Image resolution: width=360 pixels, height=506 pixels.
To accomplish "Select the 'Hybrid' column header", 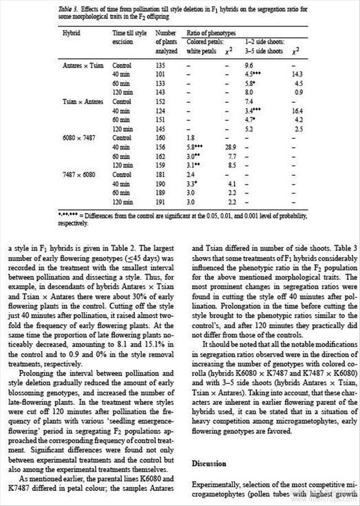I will (x=71, y=33).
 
